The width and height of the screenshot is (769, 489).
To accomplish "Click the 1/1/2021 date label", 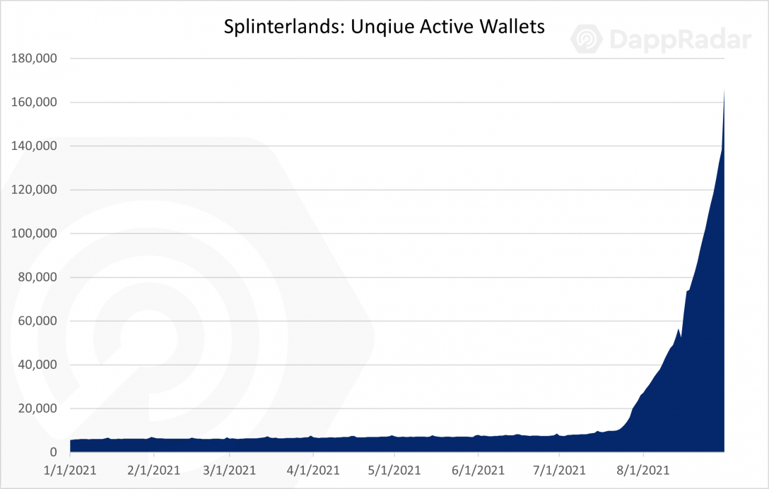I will [70, 470].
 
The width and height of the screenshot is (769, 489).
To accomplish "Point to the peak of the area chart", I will [724, 89].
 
